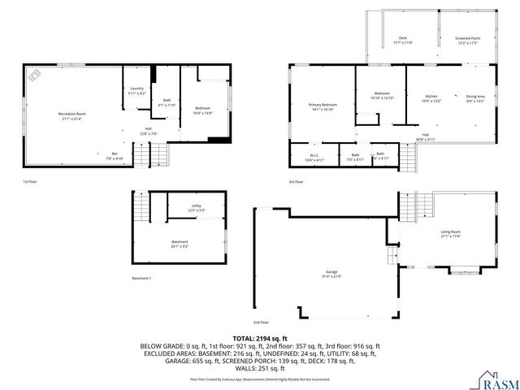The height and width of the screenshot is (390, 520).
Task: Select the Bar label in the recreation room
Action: [115, 154]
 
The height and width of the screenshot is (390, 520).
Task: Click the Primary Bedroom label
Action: [323, 106]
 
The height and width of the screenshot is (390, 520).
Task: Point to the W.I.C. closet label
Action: [314, 156]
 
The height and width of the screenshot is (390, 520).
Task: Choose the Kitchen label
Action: [430, 98]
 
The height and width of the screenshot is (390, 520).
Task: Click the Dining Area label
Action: [475, 98]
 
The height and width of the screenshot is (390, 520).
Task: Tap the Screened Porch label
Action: [467, 39]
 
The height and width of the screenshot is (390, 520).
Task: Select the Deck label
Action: [402, 39]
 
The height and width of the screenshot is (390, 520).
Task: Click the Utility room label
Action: [196, 207]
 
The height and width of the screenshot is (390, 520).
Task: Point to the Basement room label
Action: [179, 242]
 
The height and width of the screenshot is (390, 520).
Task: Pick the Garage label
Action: [331, 272]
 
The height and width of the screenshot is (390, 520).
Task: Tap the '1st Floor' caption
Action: [29, 182]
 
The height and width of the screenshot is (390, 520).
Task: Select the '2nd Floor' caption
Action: [261, 322]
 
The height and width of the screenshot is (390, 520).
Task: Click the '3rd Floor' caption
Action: [297, 182]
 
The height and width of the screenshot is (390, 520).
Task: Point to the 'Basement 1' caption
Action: [141, 279]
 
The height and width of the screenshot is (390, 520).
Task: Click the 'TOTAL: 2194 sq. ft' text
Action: [260, 337]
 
